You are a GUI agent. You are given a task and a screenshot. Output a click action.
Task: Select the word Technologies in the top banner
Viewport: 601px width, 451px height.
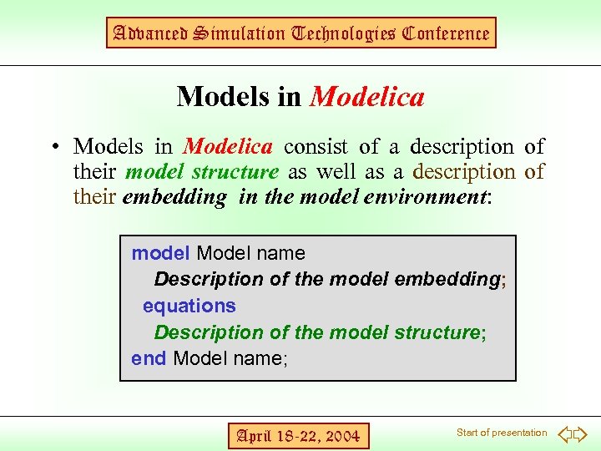pos(331,33)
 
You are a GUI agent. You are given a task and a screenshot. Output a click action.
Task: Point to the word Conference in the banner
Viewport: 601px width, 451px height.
pos(445,33)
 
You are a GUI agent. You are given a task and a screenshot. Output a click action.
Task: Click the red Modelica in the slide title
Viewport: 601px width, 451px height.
pos(367,98)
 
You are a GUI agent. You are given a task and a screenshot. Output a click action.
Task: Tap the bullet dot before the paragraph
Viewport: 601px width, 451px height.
pos(53,148)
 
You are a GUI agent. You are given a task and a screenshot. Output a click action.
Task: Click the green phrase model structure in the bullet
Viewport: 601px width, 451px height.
pos(201,173)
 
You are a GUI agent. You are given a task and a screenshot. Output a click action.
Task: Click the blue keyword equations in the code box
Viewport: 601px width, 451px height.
pos(189,306)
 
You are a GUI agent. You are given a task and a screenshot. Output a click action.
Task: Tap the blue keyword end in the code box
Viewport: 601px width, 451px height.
pos(149,358)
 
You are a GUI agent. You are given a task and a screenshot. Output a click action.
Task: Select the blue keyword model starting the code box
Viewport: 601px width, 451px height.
pos(161,253)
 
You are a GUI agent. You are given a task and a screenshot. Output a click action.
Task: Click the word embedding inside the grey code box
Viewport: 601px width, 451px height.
pos(452,279)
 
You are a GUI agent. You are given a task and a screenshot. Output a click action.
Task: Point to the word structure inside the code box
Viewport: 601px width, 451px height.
pos(435,332)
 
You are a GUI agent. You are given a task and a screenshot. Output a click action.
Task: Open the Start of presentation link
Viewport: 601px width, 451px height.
pos(502,433)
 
